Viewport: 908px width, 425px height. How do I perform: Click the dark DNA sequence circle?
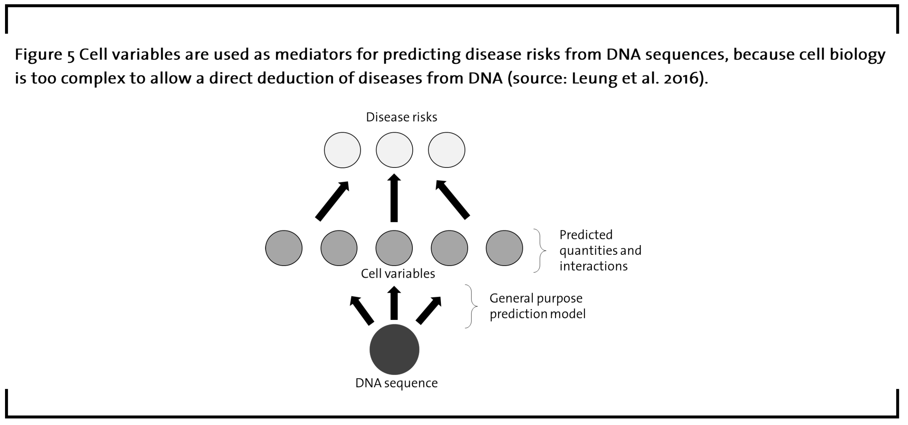click(394, 349)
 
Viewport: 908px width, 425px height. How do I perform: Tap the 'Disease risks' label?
click(401, 117)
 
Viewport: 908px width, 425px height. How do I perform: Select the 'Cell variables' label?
click(398, 274)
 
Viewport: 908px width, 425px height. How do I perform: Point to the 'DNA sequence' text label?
click(397, 383)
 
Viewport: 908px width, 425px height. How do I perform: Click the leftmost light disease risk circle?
click(342, 150)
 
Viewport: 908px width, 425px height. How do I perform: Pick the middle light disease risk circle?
click(394, 150)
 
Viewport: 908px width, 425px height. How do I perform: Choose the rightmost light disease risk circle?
click(447, 150)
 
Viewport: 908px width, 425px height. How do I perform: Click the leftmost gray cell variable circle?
click(284, 248)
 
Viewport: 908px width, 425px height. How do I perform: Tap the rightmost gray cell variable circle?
click(504, 248)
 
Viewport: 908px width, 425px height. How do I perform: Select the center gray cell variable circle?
click(394, 248)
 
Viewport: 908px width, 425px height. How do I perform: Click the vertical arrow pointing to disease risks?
click(394, 198)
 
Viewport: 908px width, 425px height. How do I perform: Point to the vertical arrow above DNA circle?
click(394, 303)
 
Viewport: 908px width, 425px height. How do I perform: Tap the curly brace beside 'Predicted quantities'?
click(540, 250)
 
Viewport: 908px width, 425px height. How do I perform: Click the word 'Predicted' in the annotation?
click(586, 235)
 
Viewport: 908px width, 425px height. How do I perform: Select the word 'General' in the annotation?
click(511, 298)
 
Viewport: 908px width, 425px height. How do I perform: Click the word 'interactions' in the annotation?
click(593, 266)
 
